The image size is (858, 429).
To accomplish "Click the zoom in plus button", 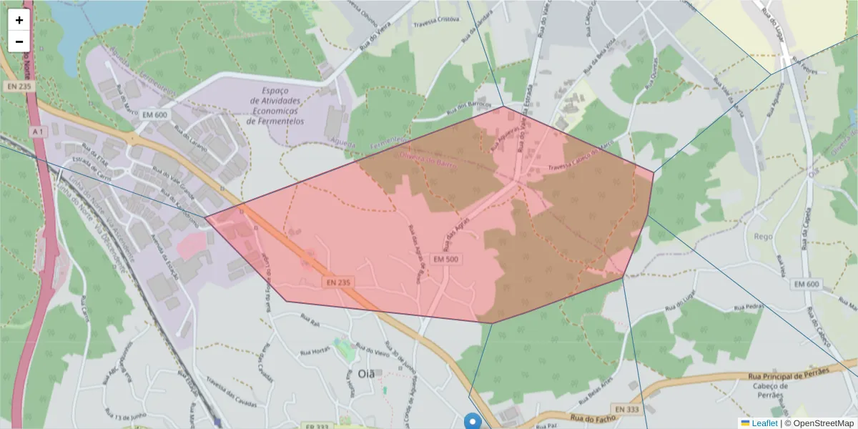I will pos(19,20).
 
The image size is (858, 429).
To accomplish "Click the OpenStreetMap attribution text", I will pos(822,423).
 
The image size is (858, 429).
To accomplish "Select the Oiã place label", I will pos(365,374).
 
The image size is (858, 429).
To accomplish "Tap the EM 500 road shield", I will pos(446,259).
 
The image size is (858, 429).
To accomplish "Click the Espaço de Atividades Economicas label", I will pos(275,106).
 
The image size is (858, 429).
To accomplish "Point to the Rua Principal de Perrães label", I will pos(787,373).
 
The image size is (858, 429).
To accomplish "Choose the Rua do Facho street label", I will pos(588,418).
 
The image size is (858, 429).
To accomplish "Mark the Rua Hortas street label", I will pos(315,352).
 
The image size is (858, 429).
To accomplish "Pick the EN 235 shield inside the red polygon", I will pos(338,282).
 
